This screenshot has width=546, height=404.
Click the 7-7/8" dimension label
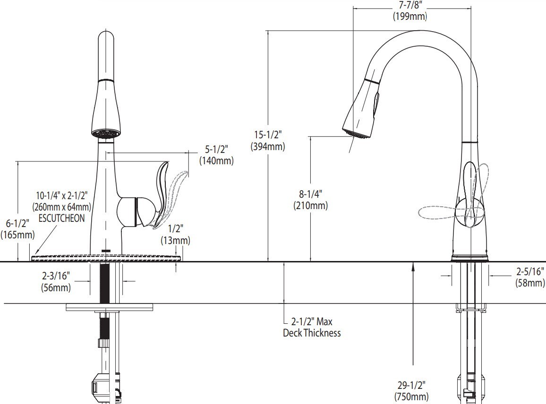[409, 6]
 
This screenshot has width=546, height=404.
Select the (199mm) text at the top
[409, 16]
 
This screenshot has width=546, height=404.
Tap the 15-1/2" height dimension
[267, 135]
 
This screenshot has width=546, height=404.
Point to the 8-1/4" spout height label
[310, 194]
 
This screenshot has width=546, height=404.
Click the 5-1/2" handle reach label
[216, 150]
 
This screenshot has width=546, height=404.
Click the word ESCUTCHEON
[61, 218]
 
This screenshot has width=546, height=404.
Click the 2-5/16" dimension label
[529, 272]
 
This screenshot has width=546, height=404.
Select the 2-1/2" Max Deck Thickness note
[311, 327]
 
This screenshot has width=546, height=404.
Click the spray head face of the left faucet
[106, 134]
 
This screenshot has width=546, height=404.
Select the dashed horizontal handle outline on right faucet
[437, 213]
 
